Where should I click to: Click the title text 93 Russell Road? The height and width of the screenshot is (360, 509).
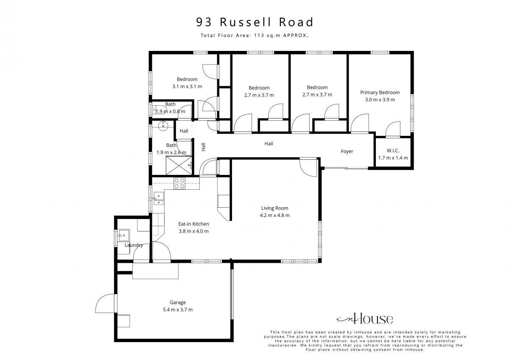pyautogui.click(x=255, y=22)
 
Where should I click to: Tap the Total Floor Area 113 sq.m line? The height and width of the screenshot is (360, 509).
pyautogui.click(x=255, y=36)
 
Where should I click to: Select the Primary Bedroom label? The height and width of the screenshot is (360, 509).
pyautogui.click(x=380, y=93)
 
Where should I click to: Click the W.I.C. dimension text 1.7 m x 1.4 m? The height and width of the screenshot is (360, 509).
pyautogui.click(x=393, y=158)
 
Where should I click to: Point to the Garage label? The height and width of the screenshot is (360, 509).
pyautogui.click(x=178, y=302)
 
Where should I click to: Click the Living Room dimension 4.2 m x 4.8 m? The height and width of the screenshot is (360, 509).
pyautogui.click(x=275, y=215)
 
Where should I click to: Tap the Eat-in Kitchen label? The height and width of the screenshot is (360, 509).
pyautogui.click(x=193, y=224)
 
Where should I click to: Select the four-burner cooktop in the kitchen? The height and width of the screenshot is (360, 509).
pyautogui.click(x=179, y=183)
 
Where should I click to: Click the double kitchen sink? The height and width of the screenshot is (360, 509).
pyautogui.click(x=159, y=199)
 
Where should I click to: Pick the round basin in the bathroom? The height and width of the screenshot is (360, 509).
pyautogui.click(x=163, y=126)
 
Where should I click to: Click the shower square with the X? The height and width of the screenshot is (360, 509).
pyautogui.click(x=179, y=166)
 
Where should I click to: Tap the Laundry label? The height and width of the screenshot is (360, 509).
pyautogui.click(x=134, y=245)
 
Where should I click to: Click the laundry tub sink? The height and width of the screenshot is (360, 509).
pyautogui.click(x=124, y=235)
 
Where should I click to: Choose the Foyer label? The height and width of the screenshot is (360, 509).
pyautogui.click(x=347, y=152)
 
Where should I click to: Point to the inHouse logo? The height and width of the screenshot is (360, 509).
pyautogui.click(x=364, y=319)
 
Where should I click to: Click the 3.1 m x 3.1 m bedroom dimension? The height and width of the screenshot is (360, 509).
pyautogui.click(x=187, y=87)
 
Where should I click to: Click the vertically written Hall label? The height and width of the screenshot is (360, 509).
pyautogui.click(x=203, y=147)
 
